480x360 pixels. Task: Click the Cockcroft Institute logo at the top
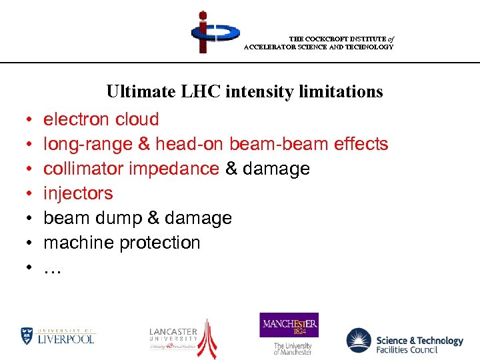click(214, 32)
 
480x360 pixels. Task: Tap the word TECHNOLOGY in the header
click(369, 47)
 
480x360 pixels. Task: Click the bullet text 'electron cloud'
click(101, 119)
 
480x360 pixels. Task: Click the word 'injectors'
click(78, 193)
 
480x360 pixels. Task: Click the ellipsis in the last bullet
click(52, 267)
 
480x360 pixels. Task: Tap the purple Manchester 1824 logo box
click(289, 325)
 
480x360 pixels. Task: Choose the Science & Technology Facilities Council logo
click(404, 341)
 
